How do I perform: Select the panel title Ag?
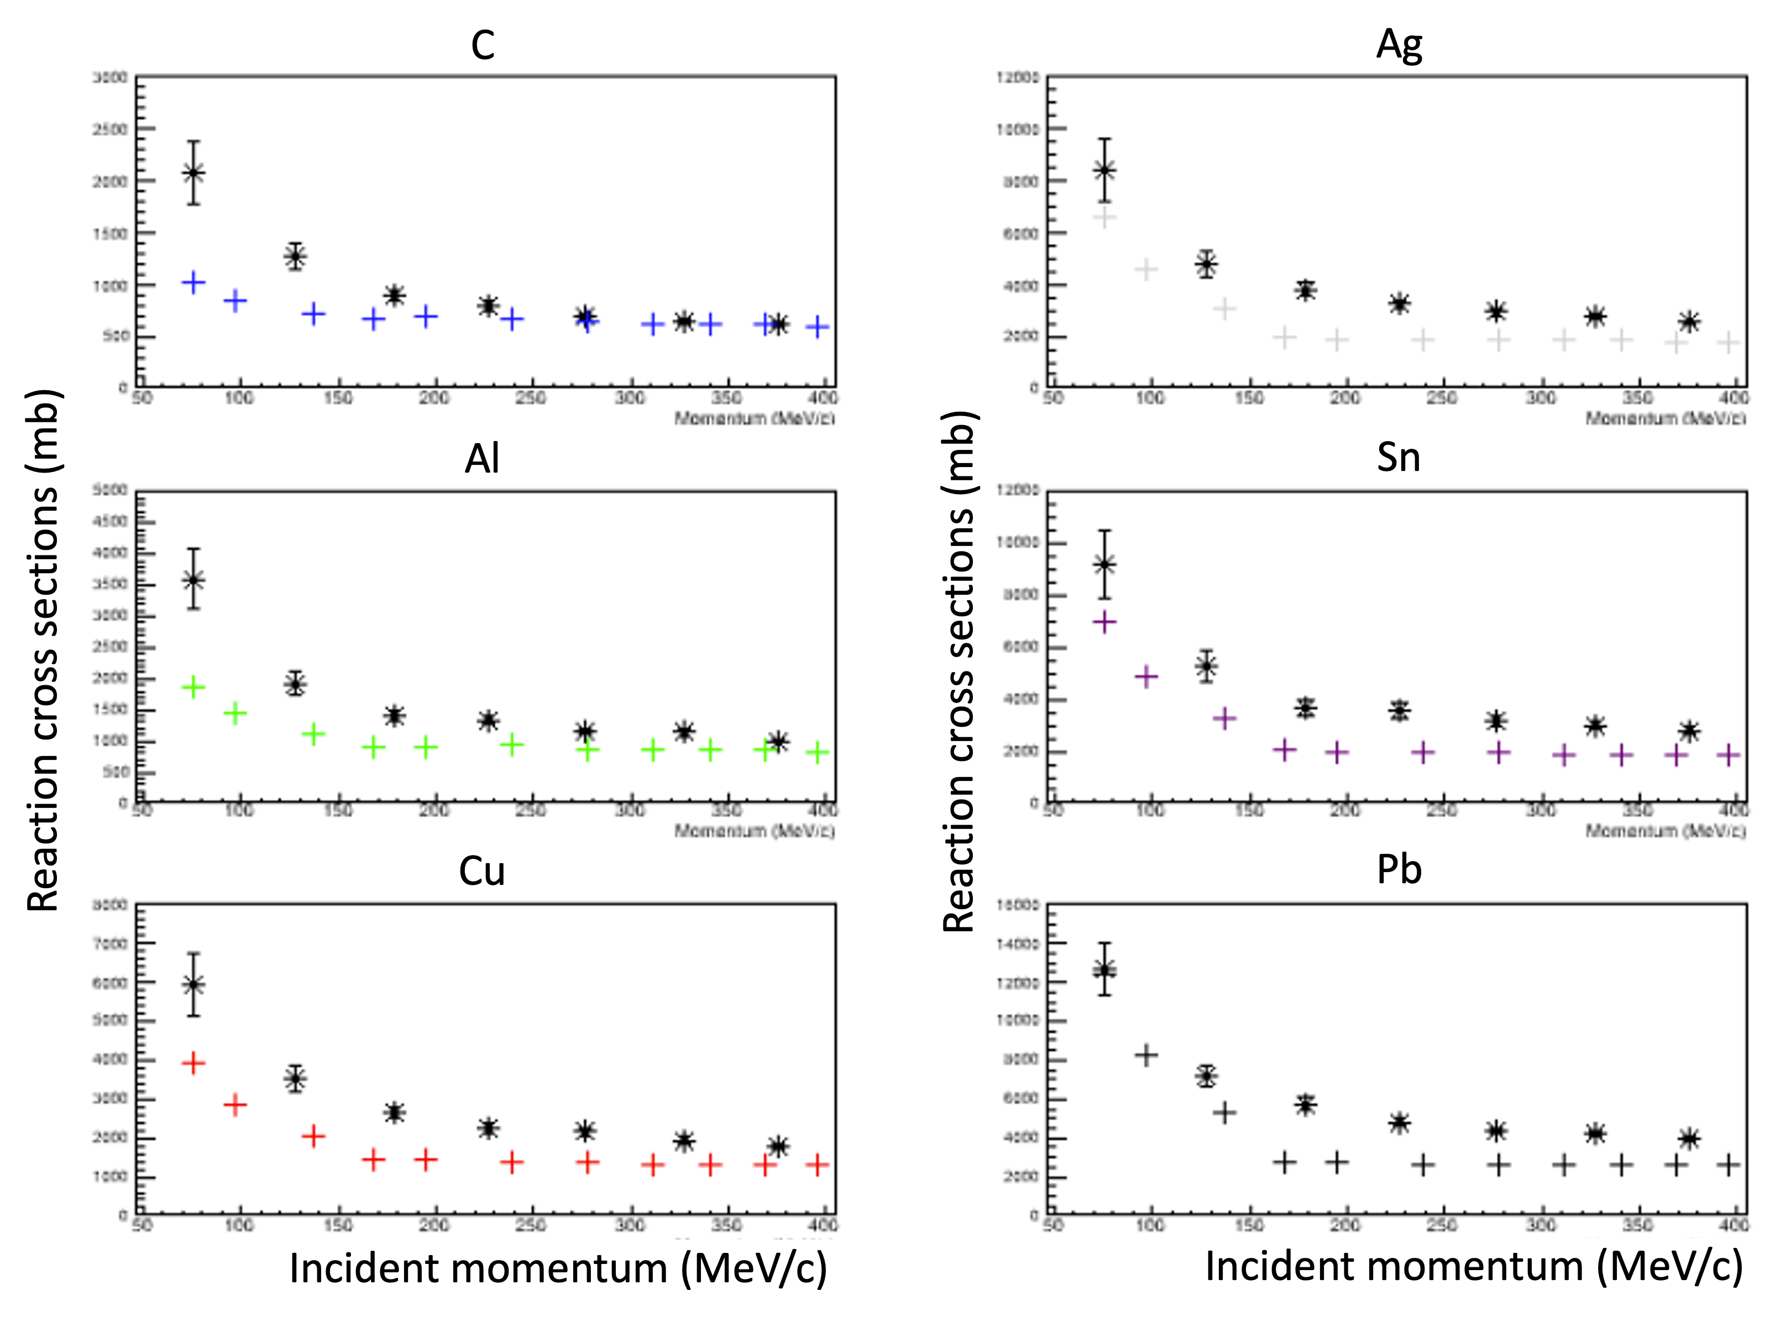coord(1399,45)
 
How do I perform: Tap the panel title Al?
coord(482,459)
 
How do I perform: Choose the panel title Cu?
coord(482,870)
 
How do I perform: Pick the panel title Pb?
coord(1399,870)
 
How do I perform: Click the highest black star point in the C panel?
coord(193,173)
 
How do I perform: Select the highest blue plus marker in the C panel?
coord(193,282)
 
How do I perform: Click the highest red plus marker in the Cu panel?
coord(193,1063)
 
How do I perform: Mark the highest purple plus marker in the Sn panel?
coord(1104,622)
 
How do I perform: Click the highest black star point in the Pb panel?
coord(1105,970)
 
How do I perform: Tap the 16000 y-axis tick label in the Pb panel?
coord(1018,905)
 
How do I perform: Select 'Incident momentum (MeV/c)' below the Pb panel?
coord(1473,1267)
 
